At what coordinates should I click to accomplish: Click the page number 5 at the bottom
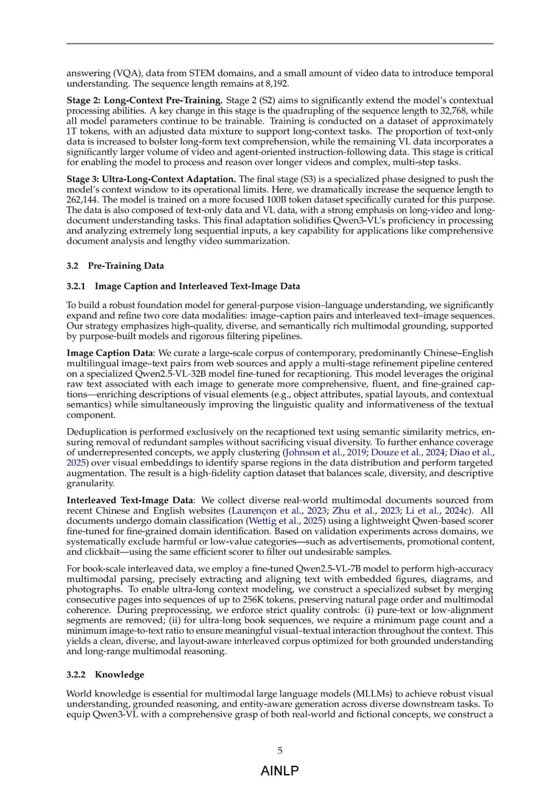pyautogui.click(x=280, y=751)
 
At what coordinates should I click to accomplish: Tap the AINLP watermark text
pyautogui.click(x=280, y=771)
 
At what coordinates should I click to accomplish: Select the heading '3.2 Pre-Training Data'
pyautogui.click(x=115, y=266)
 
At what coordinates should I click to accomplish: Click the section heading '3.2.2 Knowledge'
pyautogui.click(x=105, y=674)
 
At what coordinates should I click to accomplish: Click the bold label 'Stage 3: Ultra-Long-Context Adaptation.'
pyautogui.click(x=151, y=179)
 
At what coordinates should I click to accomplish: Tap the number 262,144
pyautogui.click(x=83, y=200)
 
